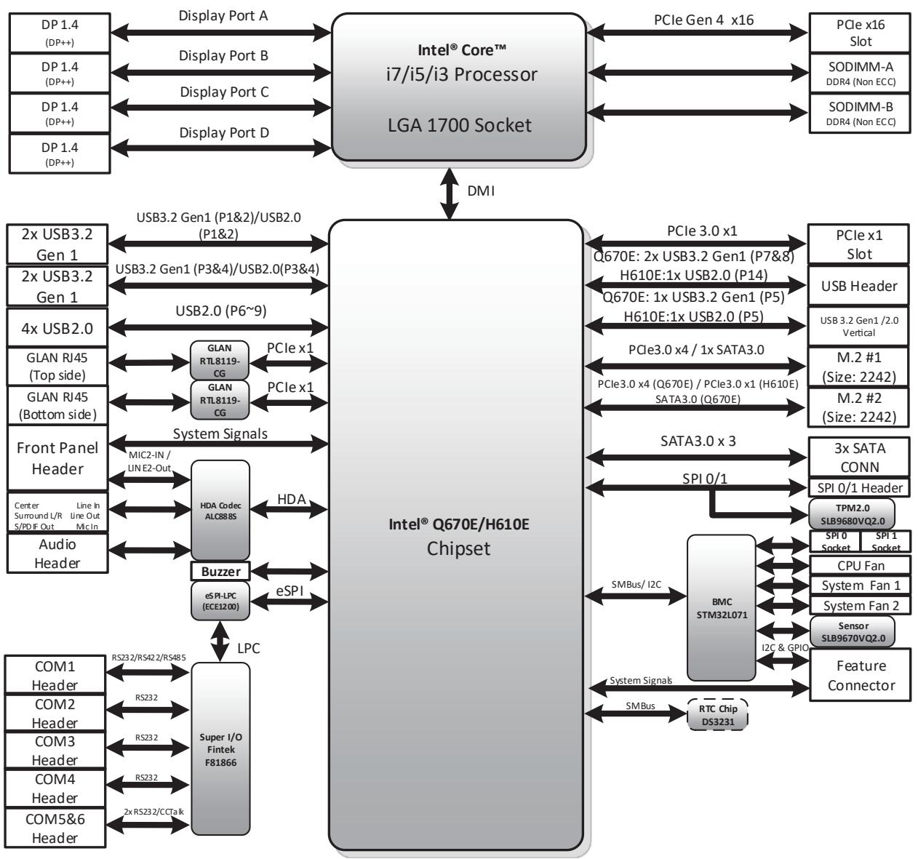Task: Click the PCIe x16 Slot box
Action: pos(859,33)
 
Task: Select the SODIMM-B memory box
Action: pos(859,113)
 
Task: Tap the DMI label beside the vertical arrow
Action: pos(481,191)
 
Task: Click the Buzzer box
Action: pos(220,572)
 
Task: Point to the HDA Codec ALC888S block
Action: pos(220,510)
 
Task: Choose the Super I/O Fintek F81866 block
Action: pos(220,749)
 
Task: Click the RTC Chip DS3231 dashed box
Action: pos(717,715)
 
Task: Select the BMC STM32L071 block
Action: pos(722,608)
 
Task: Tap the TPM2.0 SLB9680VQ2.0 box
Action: pos(852,514)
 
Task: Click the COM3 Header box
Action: pos(55,751)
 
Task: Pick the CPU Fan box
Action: pos(861,565)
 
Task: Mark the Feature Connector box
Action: pos(861,675)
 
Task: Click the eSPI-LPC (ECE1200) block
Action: pos(220,601)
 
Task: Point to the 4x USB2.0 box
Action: pos(57,328)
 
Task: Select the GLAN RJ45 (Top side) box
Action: pos(57,366)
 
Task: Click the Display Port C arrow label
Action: pos(224,92)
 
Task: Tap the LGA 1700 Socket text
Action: pos(460,125)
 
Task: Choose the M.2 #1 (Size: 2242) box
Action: pos(858,367)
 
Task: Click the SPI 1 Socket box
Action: pos(885,541)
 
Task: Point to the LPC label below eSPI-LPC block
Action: pos(248,648)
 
